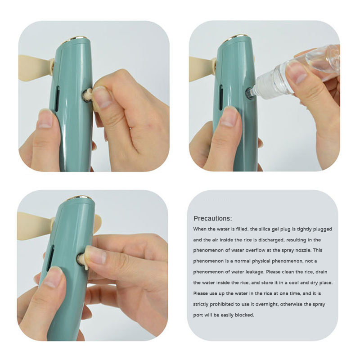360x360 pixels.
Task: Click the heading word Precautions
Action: (212, 218)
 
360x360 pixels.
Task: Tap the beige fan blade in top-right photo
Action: (202, 69)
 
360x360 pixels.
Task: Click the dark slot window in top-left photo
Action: (57, 99)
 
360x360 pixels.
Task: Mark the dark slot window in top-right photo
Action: (221, 97)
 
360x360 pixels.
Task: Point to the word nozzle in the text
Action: (303, 250)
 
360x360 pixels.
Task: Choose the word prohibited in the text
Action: (221, 305)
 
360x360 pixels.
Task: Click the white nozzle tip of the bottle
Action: (250, 94)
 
